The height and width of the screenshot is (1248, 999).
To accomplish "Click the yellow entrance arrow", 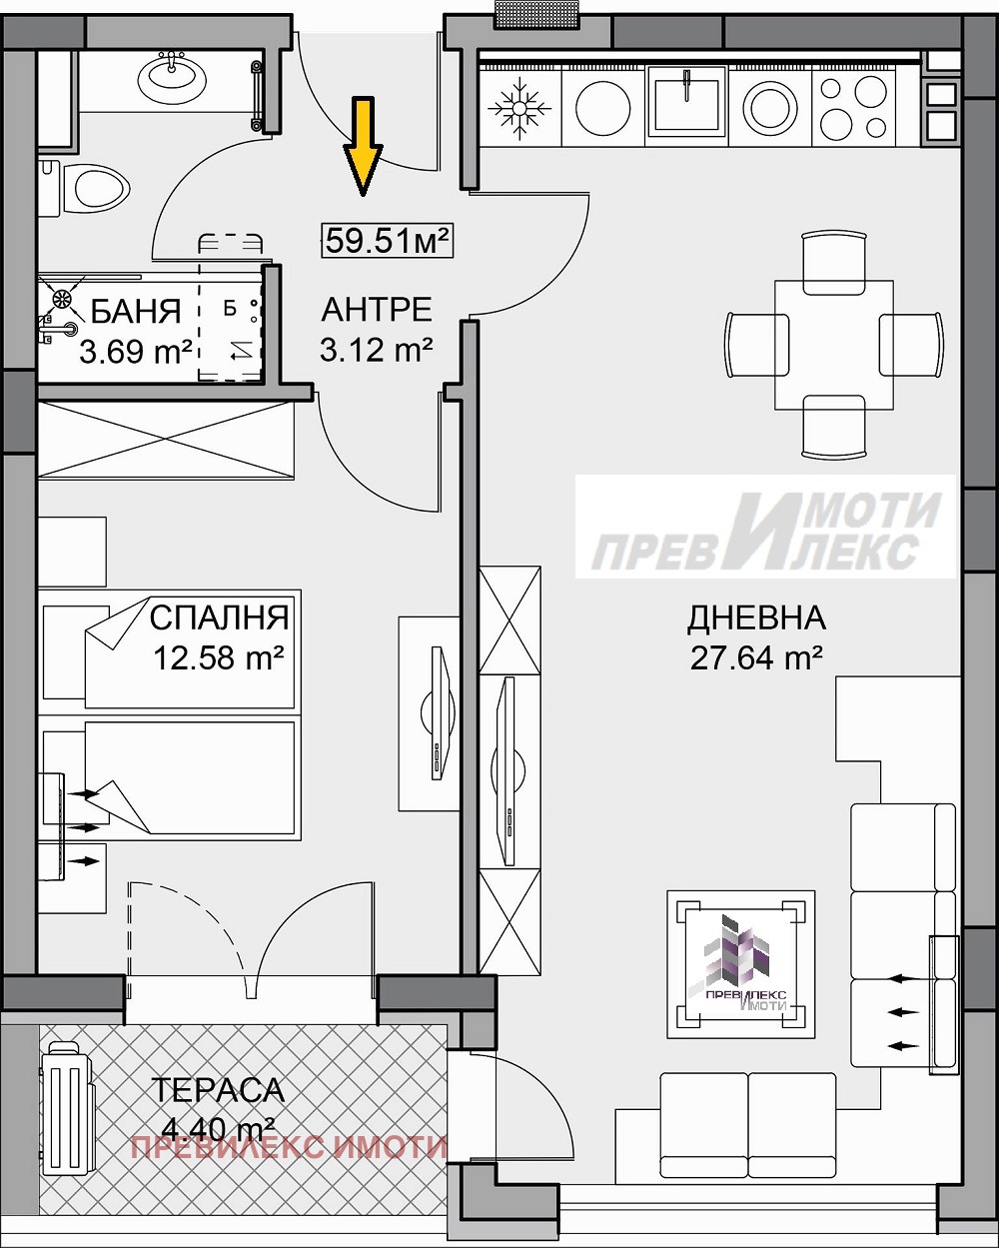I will [x=363, y=145].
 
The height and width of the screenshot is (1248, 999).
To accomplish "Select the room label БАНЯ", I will [x=136, y=312].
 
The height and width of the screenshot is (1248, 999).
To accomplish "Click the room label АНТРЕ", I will [x=377, y=310].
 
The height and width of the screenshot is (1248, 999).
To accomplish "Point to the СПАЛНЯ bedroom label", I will [x=219, y=618].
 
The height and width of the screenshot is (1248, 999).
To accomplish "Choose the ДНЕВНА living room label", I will [x=756, y=618].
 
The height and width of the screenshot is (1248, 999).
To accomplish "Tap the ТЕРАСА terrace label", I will [x=218, y=1089].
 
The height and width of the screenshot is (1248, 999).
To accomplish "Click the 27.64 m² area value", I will [x=756, y=657].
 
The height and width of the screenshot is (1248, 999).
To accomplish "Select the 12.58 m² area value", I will [x=219, y=657].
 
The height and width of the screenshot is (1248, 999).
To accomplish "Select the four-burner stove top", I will [x=853, y=106].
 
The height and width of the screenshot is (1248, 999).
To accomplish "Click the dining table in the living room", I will [x=833, y=345].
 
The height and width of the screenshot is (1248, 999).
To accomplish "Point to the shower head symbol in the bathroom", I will [x=63, y=298].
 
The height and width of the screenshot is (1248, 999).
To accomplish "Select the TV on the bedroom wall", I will [x=438, y=713].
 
